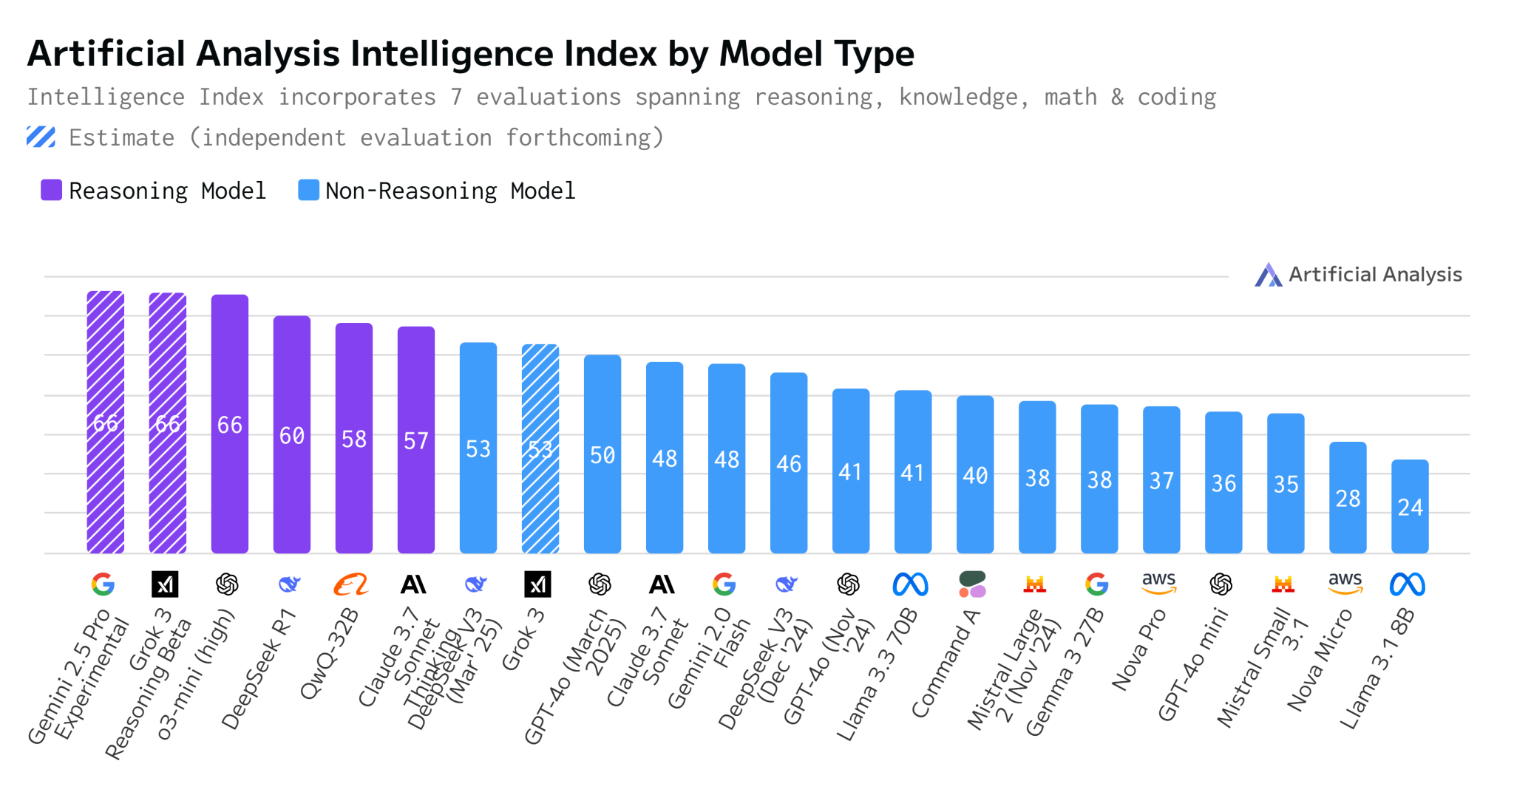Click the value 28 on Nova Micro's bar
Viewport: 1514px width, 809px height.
click(x=1348, y=499)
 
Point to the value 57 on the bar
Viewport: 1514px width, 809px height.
click(x=416, y=441)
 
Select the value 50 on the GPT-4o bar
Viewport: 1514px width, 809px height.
click(x=602, y=455)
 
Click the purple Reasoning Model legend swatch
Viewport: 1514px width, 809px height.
click(x=51, y=190)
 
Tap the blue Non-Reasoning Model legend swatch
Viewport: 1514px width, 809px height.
click(x=308, y=190)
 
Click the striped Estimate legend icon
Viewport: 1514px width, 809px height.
click(x=41, y=137)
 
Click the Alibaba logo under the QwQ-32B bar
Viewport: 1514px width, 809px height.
click(x=351, y=584)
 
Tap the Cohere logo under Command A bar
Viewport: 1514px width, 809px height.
click(x=972, y=584)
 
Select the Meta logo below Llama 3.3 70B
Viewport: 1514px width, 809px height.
click(x=910, y=584)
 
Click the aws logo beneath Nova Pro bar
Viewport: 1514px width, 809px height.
click(x=1158, y=583)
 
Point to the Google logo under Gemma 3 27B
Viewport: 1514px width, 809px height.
click(x=1096, y=584)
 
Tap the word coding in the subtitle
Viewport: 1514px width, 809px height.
click(x=1176, y=97)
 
